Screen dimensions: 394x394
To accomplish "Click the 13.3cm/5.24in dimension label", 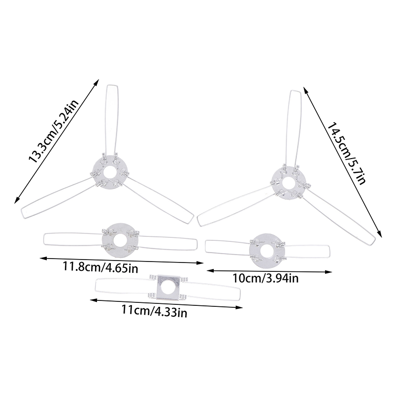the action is coord(54,131).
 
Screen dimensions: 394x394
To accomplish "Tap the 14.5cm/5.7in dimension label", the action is coord(346,154).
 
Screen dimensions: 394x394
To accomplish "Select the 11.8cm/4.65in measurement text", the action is coord(100,267).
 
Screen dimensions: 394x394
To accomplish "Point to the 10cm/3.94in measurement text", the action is coord(265,278).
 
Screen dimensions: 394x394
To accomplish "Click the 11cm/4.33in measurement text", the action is coord(154,312).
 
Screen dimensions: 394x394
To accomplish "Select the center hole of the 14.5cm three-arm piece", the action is coord(289,183).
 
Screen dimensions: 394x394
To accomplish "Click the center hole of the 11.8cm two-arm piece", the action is coord(120,240).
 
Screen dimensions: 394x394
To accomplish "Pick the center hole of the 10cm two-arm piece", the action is coord(267,251).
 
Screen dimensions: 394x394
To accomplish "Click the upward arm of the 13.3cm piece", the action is coord(112,121).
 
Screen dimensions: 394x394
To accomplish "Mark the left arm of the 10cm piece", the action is coord(228,247).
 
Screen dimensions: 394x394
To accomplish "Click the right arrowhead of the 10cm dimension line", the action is coord(328,272).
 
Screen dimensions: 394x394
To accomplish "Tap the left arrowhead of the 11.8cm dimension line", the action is coord(44,258).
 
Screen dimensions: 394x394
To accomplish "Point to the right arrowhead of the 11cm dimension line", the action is coord(239,307).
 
